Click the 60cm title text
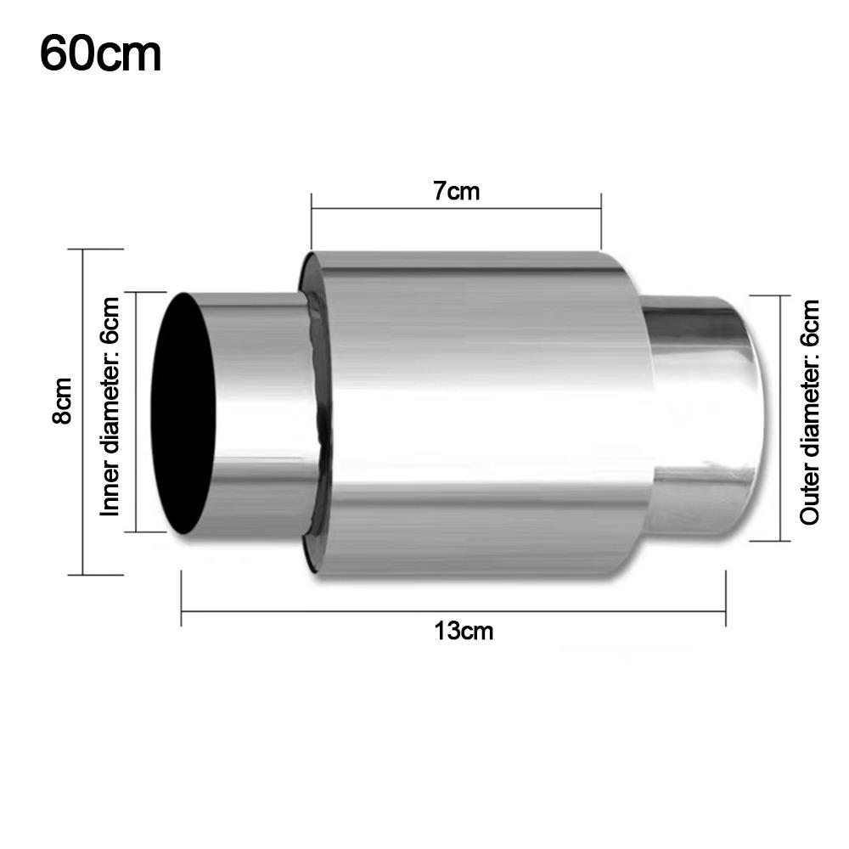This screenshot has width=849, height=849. point(100,53)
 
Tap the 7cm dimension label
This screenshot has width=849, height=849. point(457,191)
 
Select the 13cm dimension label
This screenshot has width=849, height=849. point(464,631)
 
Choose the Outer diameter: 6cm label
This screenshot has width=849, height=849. point(811,412)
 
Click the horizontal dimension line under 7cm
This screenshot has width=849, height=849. point(457,213)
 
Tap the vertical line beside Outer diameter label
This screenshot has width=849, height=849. point(779,416)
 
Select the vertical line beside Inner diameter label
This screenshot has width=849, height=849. point(136,412)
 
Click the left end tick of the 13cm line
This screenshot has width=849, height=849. point(182,599)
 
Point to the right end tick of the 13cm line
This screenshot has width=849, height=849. point(726,599)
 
